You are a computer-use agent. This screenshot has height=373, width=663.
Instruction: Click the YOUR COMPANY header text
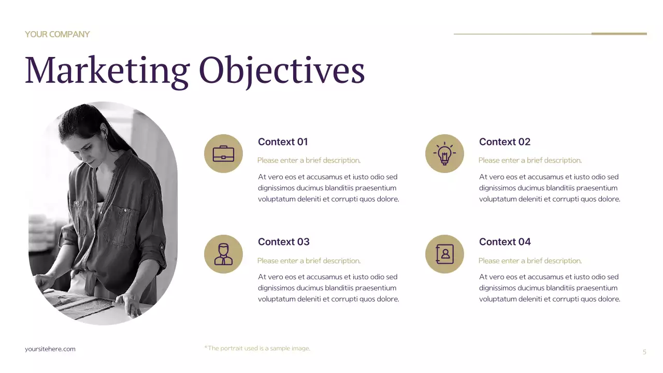tap(57, 34)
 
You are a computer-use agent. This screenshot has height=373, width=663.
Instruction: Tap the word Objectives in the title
tap(282, 71)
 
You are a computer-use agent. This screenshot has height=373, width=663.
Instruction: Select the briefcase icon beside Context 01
tap(223, 154)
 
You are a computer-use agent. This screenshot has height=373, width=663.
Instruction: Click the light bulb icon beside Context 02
tap(444, 154)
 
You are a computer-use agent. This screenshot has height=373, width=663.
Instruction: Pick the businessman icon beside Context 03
tap(223, 254)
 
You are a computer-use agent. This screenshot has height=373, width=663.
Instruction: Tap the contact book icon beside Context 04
tap(444, 254)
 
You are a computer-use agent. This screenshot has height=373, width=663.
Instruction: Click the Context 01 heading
tap(283, 142)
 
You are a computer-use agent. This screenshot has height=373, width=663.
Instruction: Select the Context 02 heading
tap(505, 142)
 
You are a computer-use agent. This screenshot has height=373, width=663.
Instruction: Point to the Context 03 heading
tap(283, 242)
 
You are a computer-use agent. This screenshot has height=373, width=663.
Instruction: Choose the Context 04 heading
tap(505, 242)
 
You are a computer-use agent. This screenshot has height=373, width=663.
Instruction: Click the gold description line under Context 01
tap(309, 161)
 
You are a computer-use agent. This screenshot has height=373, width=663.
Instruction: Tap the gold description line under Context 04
tap(530, 261)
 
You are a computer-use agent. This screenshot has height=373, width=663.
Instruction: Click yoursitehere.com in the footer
tap(50, 349)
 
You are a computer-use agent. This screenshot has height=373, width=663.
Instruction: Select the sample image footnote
tap(257, 348)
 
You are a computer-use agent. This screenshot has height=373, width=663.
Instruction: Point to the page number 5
tap(644, 352)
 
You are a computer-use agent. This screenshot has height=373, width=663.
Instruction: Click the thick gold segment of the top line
tap(619, 34)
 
